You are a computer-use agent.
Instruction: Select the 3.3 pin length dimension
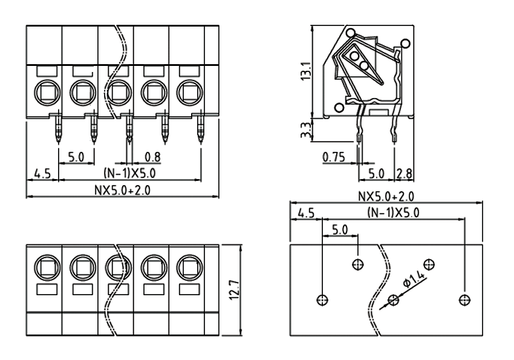(x=306, y=128)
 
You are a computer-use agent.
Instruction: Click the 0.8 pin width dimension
(x=152, y=157)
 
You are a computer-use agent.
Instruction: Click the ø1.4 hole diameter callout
(x=414, y=276)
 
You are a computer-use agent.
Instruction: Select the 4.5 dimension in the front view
(x=41, y=174)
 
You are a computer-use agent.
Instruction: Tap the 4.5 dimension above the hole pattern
(x=306, y=213)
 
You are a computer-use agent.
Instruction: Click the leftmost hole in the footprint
(x=322, y=299)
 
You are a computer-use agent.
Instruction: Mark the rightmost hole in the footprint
(x=464, y=299)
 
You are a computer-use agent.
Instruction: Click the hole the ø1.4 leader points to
(x=394, y=299)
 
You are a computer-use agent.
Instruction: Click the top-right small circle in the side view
(x=405, y=43)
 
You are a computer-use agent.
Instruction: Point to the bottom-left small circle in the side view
(x=339, y=108)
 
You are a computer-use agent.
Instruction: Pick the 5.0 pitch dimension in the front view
(x=76, y=157)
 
